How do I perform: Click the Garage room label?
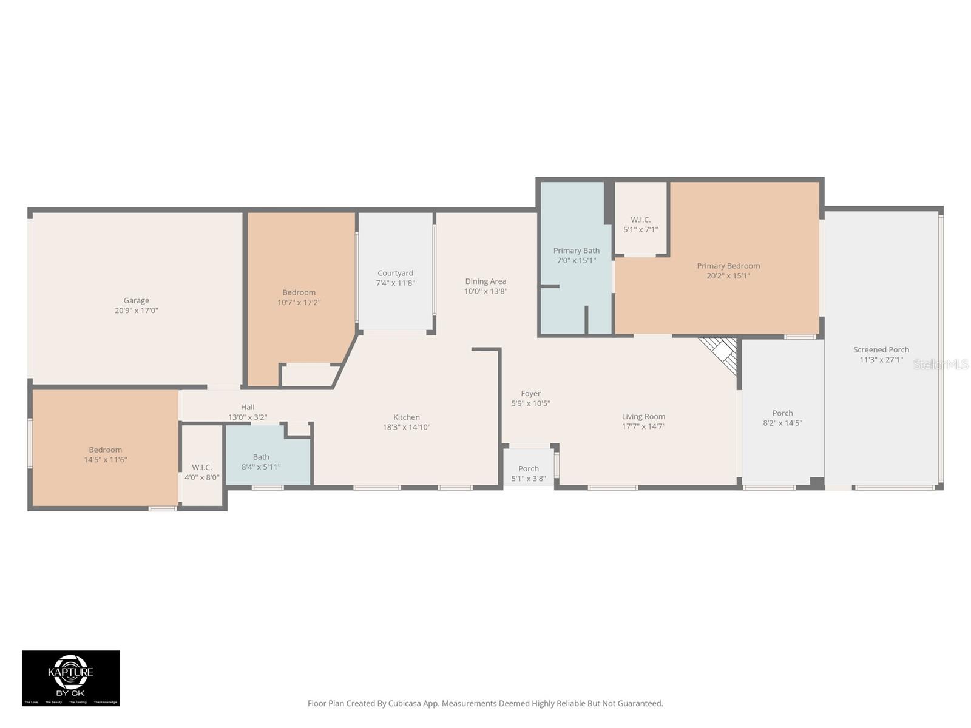[136, 300]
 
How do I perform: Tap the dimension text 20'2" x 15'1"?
[728, 276]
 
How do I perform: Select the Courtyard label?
[395, 273]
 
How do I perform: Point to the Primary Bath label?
[576, 251]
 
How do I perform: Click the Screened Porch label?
[881, 350]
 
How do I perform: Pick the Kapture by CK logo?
[71, 678]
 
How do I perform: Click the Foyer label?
[530, 394]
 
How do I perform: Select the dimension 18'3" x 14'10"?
[406, 427]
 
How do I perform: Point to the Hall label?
[248, 407]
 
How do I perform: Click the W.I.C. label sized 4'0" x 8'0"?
[201, 467]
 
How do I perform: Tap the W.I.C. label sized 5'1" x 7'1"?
[640, 220]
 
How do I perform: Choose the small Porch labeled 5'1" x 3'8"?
[528, 468]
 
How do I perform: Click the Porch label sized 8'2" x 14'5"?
[782, 413]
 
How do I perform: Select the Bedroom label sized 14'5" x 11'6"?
[106, 450]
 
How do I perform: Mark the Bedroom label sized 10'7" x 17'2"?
[299, 292]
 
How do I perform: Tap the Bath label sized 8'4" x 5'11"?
[261, 457]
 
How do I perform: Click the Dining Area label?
[486, 281]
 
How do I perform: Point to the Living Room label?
[643, 417]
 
